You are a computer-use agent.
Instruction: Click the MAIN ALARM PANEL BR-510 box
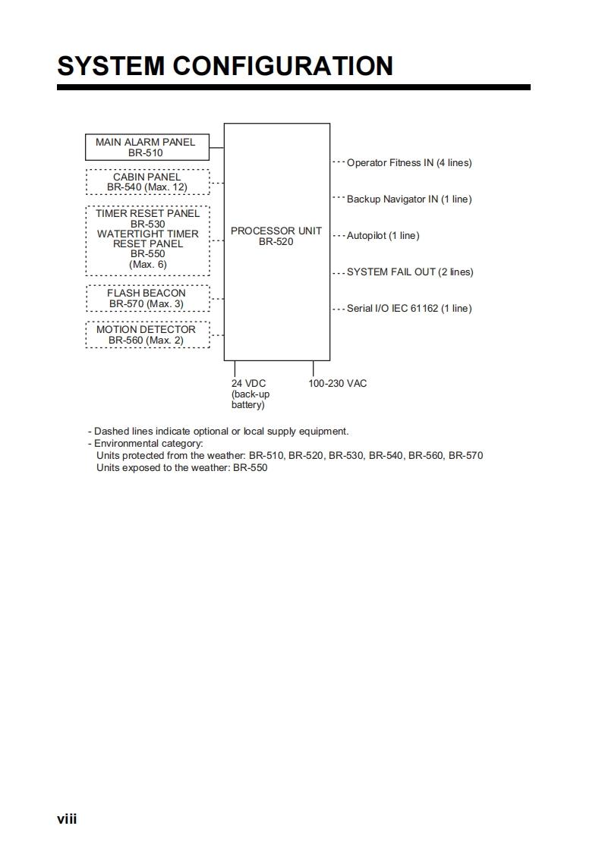146,147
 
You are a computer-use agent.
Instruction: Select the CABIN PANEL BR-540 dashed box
147,182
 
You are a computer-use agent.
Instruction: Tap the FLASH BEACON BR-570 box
147,298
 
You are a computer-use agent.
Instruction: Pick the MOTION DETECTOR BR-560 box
147,334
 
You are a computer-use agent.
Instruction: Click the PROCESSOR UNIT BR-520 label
276,236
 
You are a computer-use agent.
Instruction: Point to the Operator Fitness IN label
409,163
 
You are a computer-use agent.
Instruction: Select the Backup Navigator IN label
409,199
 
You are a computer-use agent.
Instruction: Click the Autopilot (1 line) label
383,236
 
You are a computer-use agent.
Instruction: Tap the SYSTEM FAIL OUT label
410,272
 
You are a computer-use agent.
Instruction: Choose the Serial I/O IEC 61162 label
409,309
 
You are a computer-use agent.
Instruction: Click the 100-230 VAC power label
337,384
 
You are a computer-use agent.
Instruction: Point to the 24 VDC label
249,384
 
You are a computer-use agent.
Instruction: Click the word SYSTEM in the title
111,66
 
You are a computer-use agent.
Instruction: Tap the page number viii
67,819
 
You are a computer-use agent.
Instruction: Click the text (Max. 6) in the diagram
147,265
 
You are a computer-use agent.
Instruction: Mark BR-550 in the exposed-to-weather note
250,468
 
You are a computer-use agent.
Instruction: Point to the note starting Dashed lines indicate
221,432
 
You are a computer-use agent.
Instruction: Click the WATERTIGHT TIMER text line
147,234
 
